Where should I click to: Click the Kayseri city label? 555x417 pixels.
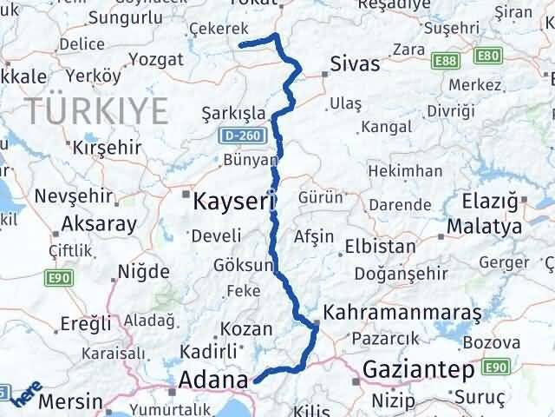229,202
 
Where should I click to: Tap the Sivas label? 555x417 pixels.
352,64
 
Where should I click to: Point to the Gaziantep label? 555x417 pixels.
418,369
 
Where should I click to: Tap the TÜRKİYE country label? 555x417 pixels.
95,110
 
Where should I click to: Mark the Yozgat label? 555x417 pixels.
155,60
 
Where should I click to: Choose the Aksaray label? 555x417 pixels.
98,223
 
